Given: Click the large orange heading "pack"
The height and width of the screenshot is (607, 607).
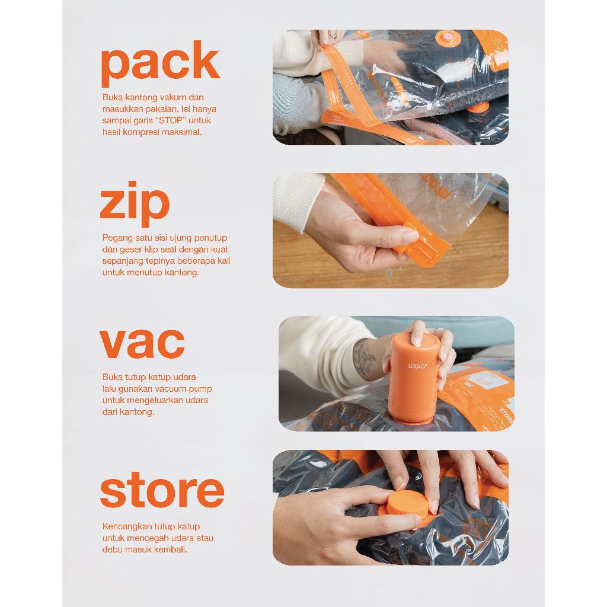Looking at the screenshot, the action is point(160,64).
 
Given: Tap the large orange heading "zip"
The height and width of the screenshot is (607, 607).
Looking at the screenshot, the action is point(135,204).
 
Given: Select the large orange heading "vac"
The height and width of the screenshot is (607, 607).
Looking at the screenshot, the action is point(142,343).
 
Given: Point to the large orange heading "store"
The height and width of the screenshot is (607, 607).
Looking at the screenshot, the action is point(162,490).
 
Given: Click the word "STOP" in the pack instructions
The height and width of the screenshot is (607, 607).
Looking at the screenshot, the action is point(171,120).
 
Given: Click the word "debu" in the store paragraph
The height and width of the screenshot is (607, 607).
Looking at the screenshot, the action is point(113,550).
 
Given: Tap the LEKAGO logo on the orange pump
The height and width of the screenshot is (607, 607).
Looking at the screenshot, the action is point(417,366).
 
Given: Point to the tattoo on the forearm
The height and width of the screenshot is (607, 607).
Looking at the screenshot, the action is point(363,358).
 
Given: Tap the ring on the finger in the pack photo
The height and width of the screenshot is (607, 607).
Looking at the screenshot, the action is point(334,36).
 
